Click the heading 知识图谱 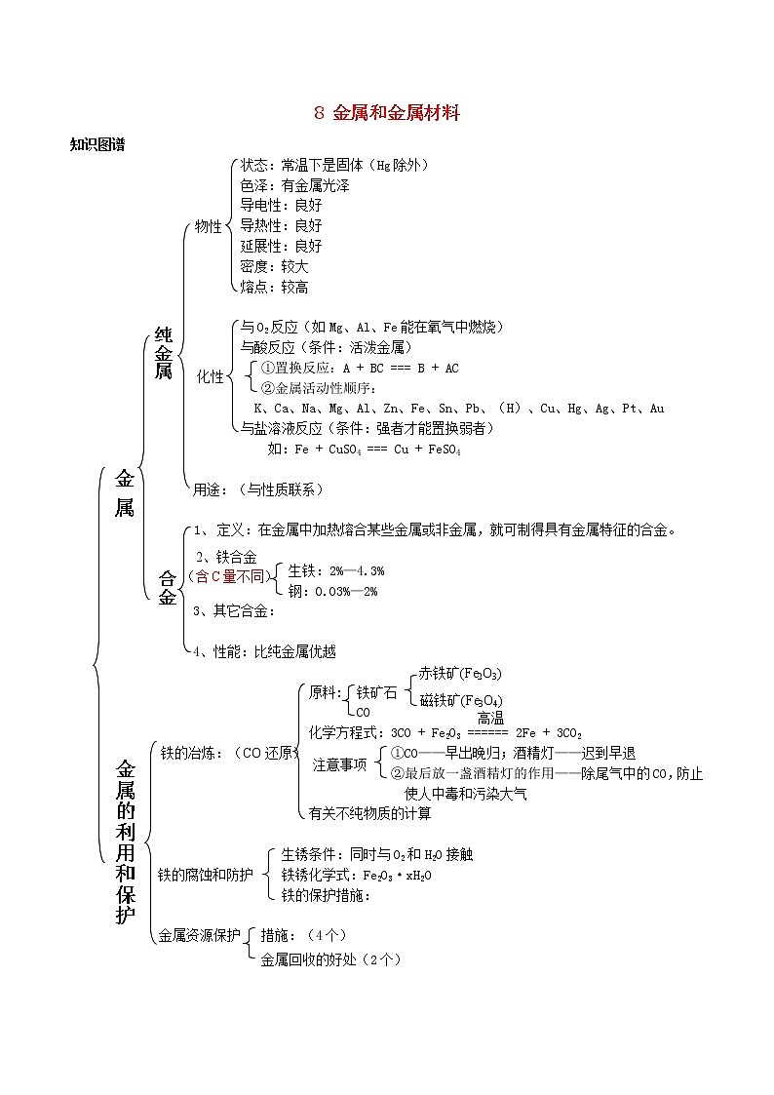pos(97,144)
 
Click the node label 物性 pos(208,226)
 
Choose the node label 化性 pos(210,376)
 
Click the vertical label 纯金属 pos(163,353)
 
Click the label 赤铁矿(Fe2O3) pos(460,674)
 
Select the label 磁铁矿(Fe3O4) pos(460,700)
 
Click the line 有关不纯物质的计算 pos(369,812)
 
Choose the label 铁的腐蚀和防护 pos(205,874)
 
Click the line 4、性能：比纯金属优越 pos(264,651)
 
